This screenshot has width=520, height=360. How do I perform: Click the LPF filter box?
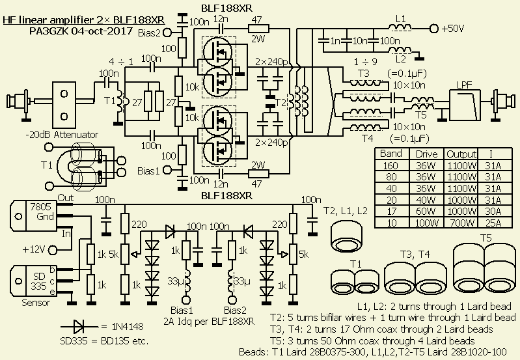465,100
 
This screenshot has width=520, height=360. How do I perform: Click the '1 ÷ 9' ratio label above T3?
363,61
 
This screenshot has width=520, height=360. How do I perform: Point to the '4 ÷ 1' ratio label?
122,61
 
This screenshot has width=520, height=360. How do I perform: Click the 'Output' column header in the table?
461,154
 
